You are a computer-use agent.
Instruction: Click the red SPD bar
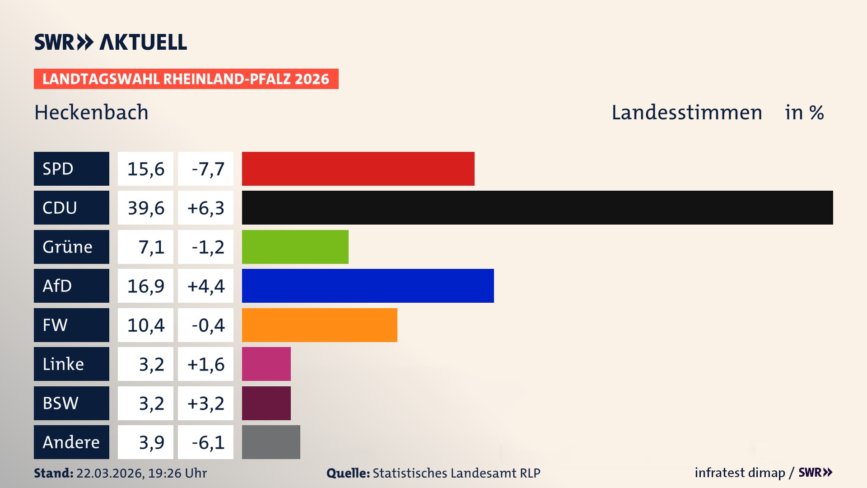(x=358, y=169)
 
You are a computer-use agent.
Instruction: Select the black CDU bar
(x=537, y=208)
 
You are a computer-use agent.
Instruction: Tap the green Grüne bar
(x=295, y=247)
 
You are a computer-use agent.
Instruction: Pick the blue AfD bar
(x=368, y=286)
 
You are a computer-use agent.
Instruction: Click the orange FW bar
(x=319, y=325)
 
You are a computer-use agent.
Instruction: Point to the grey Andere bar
(x=271, y=442)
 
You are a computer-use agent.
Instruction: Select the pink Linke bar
(x=266, y=364)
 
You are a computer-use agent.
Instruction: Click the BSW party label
(x=61, y=403)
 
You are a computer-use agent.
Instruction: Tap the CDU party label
(x=60, y=208)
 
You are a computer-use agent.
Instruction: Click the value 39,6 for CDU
(x=146, y=208)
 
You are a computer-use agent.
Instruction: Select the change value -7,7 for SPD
(x=208, y=169)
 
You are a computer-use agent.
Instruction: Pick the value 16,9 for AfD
(x=146, y=286)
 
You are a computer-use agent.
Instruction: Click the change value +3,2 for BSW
(x=206, y=403)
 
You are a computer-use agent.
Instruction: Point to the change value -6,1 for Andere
(x=208, y=442)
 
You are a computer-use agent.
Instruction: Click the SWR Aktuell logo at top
(x=111, y=42)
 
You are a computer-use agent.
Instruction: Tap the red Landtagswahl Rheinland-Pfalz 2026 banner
(x=186, y=79)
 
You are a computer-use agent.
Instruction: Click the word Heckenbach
(x=91, y=112)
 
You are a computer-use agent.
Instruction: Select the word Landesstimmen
(x=686, y=112)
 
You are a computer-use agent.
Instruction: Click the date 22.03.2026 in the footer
(x=110, y=473)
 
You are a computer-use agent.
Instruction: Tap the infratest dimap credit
(x=740, y=473)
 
